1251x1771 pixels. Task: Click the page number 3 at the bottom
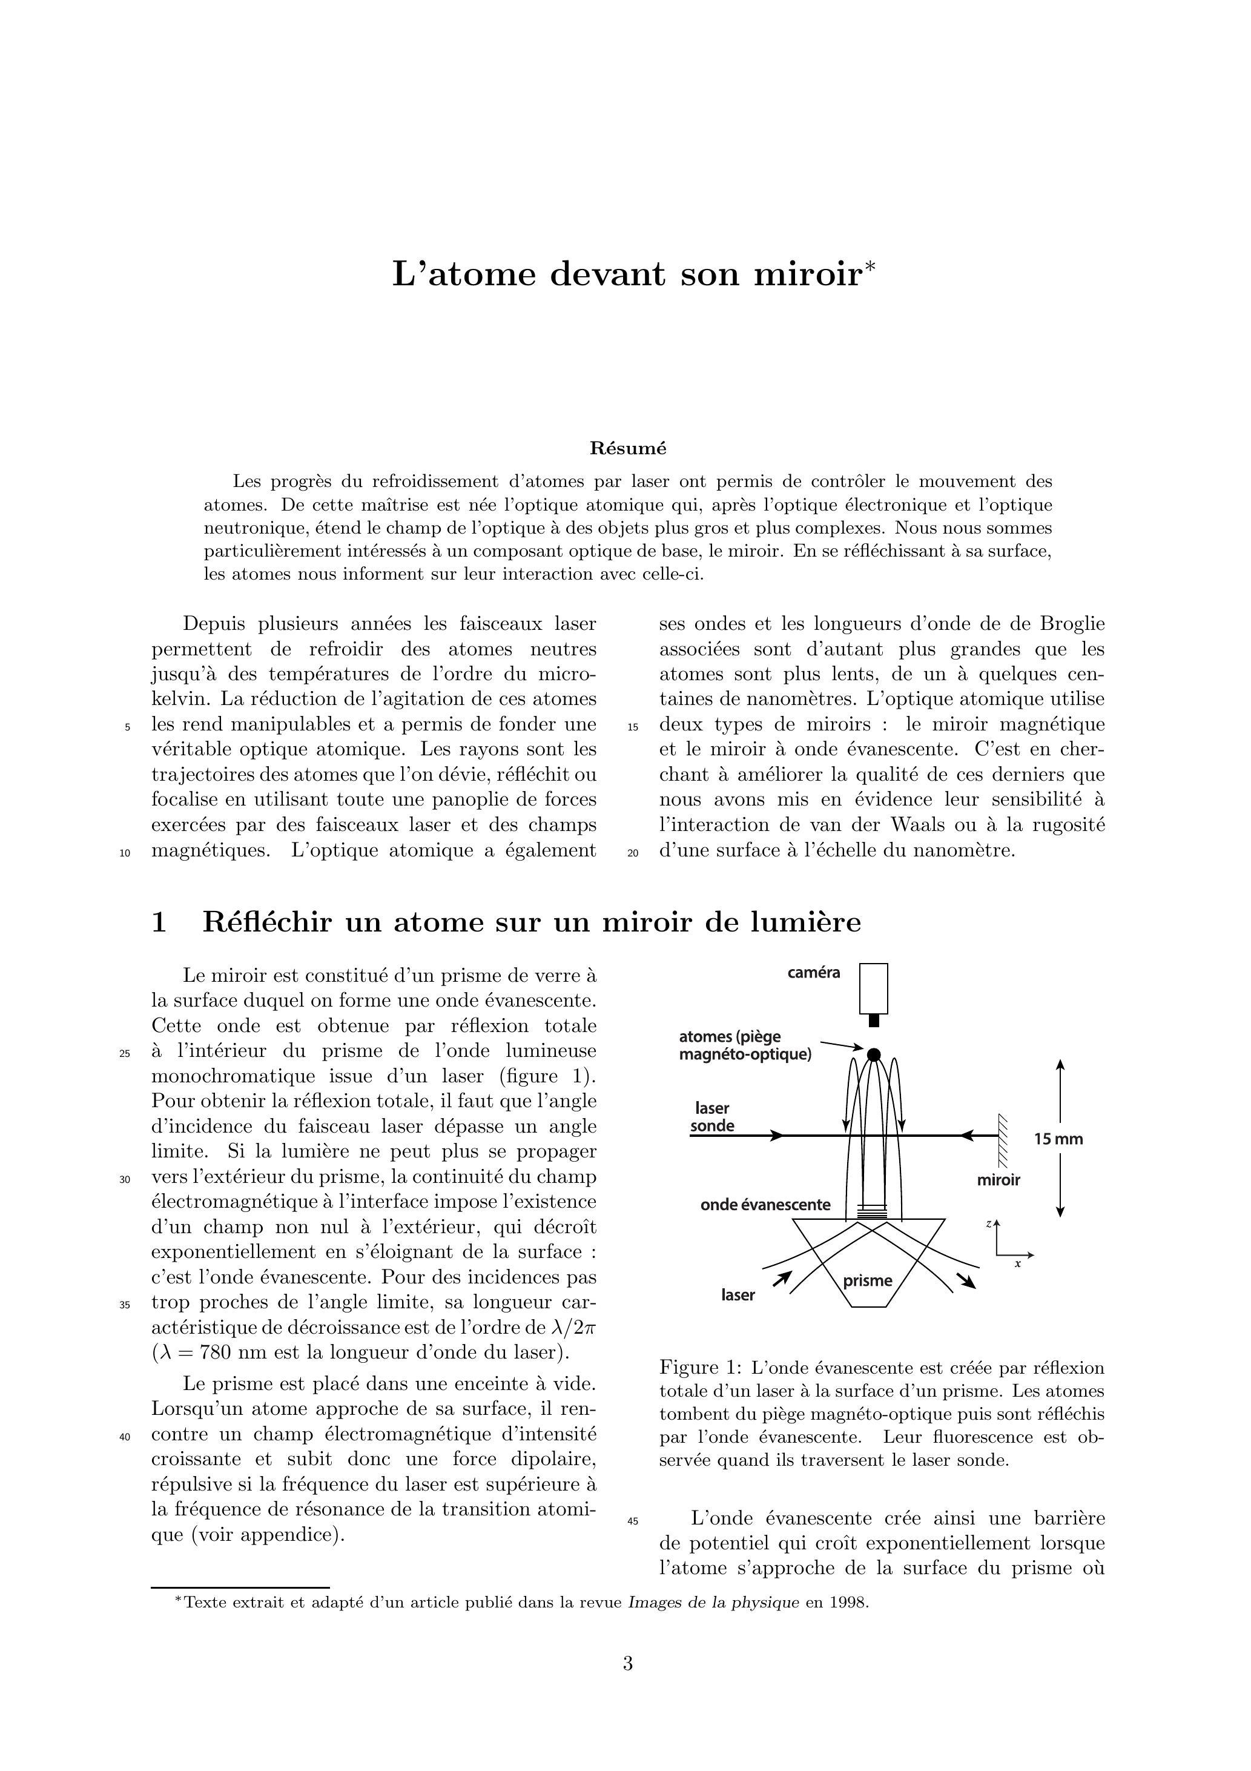[628, 1664]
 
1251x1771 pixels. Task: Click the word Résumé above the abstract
[628, 448]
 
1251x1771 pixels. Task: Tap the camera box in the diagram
[873, 988]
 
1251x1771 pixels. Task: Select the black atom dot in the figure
[873, 1054]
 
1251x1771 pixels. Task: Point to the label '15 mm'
[1058, 1139]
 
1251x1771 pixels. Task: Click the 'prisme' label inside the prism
[867, 1281]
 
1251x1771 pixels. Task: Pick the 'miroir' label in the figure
[998, 1180]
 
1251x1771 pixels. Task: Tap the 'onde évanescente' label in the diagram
[765, 1205]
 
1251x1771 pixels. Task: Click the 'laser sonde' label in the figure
[712, 1117]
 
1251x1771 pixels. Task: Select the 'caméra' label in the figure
[814, 973]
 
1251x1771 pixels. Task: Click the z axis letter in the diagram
[989, 1224]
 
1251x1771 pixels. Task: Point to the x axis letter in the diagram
[1017, 1263]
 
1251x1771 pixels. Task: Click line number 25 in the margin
[125, 1054]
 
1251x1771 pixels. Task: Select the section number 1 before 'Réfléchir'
[159, 922]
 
